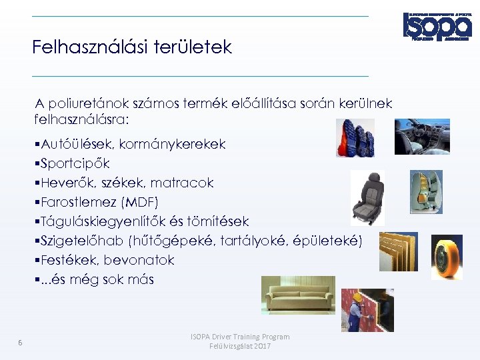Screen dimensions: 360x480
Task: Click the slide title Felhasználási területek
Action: pos(132,47)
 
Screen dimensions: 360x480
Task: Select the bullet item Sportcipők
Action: pos(74,163)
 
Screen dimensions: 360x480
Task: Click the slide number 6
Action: pos(20,343)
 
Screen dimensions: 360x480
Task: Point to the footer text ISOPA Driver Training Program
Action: pos(240,337)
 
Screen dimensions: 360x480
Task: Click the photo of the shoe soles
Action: pos(354,138)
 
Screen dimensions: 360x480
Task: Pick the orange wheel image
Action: pos(446,257)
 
